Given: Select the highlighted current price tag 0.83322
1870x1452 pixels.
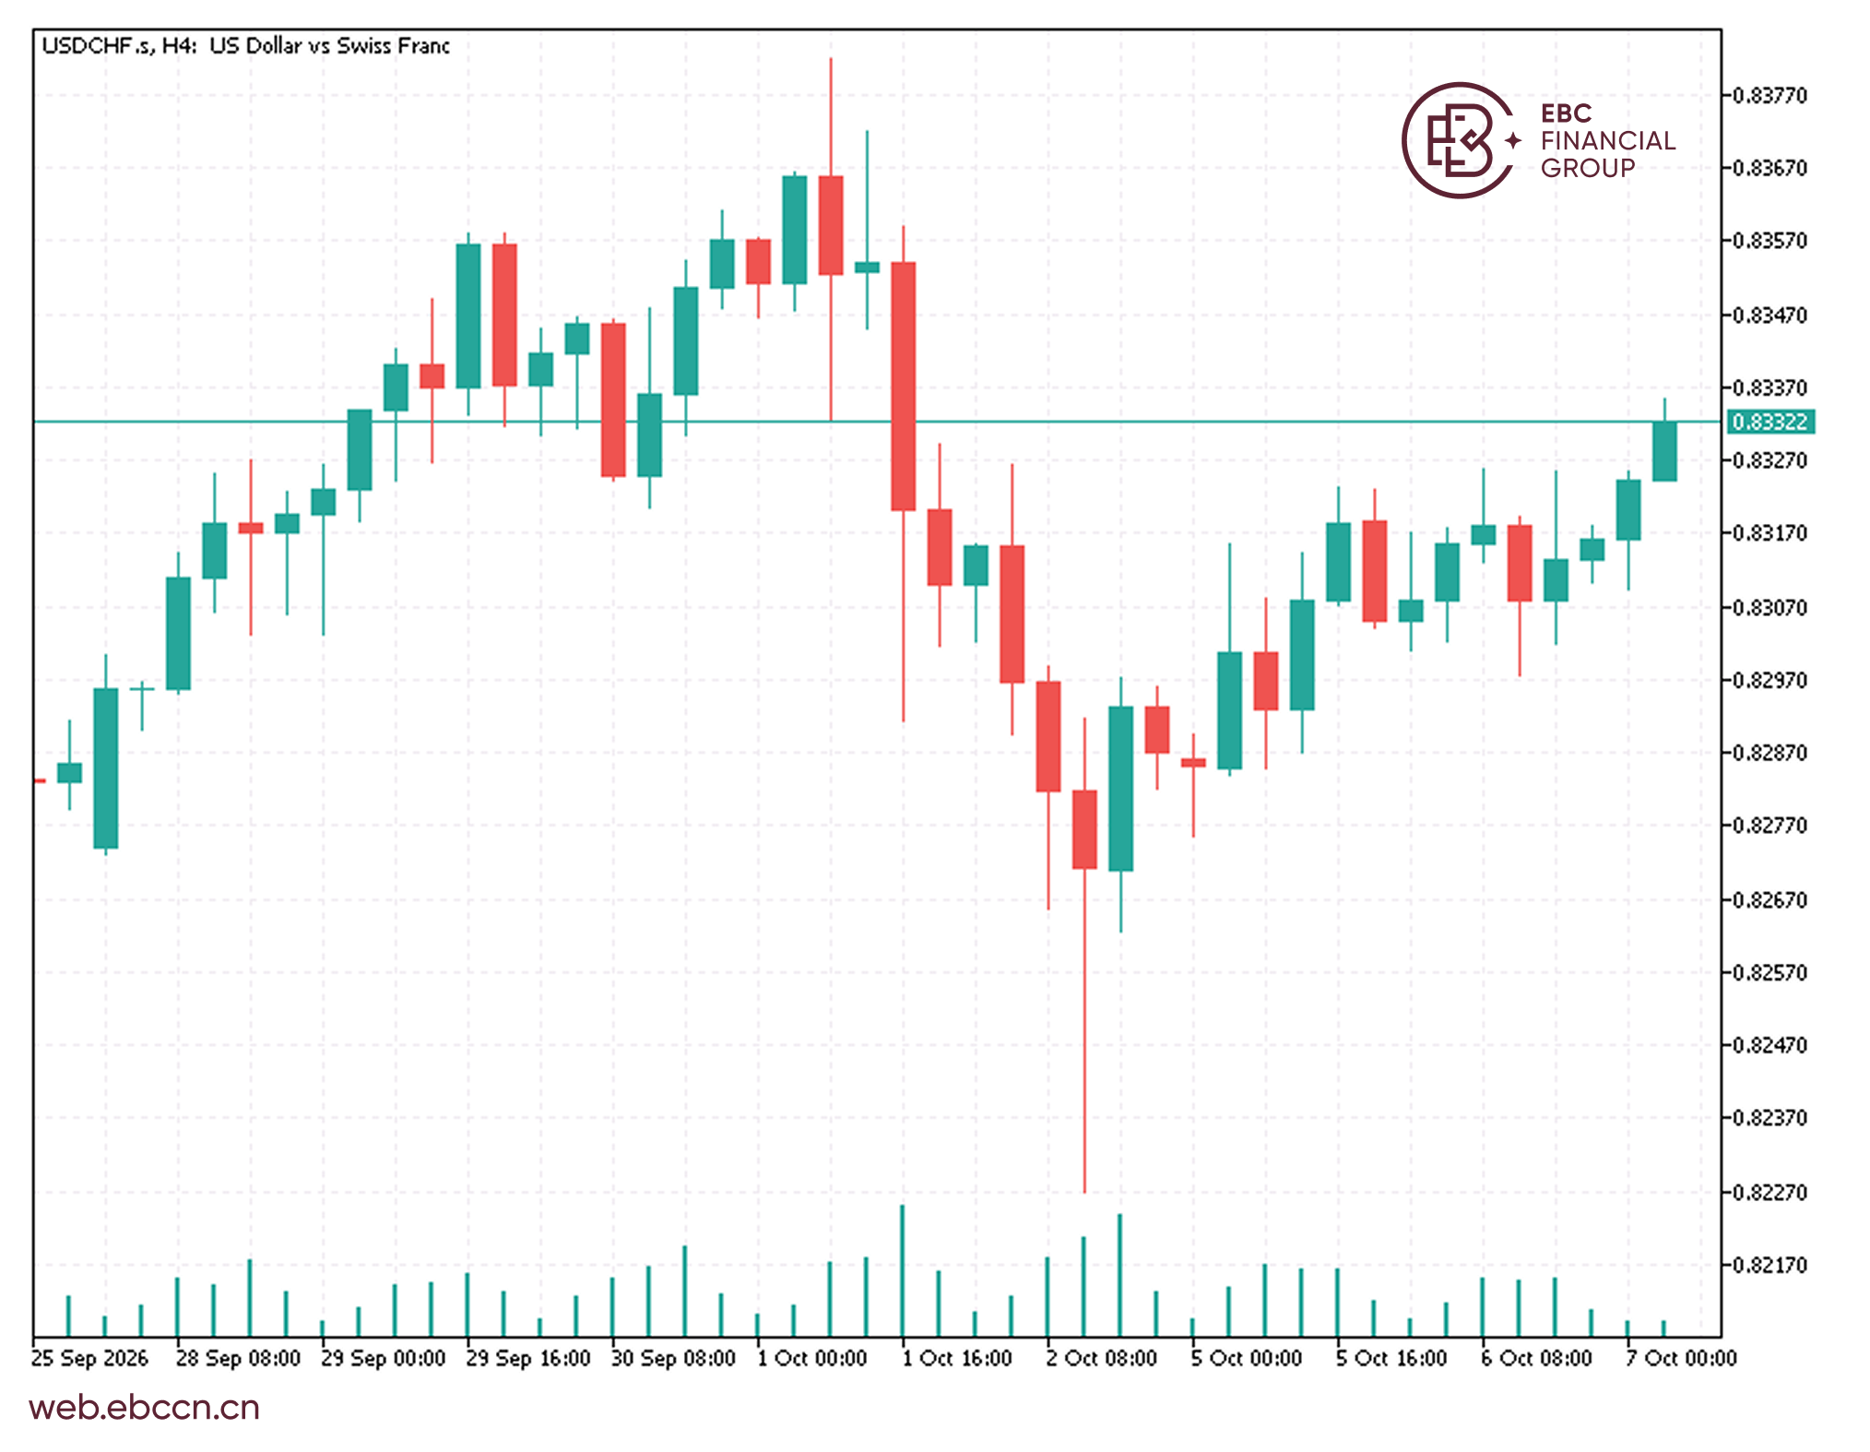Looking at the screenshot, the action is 1769,422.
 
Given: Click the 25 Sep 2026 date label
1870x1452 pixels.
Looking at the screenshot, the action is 89,1358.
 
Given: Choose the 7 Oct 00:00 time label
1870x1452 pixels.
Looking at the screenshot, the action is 1681,1358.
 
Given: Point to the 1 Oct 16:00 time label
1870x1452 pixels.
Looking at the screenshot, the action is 957,1358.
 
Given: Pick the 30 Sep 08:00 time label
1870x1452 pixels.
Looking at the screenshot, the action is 673,1358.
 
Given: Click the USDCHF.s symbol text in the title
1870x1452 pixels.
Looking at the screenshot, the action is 98,45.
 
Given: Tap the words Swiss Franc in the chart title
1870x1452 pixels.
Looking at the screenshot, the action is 394,45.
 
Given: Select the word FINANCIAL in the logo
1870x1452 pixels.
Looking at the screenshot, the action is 1608,140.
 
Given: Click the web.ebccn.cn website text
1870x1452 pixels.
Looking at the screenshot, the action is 145,1408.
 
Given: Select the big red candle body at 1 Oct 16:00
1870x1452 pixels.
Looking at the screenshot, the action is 904,386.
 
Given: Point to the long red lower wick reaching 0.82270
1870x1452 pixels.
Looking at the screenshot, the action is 1084,1030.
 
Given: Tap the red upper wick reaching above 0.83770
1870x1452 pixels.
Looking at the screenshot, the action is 831,116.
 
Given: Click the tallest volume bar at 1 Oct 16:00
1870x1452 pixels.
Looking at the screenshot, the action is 903,1271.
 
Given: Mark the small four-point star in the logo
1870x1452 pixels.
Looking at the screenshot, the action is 1513,140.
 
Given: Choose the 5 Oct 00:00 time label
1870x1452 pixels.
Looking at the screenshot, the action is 1247,1358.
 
